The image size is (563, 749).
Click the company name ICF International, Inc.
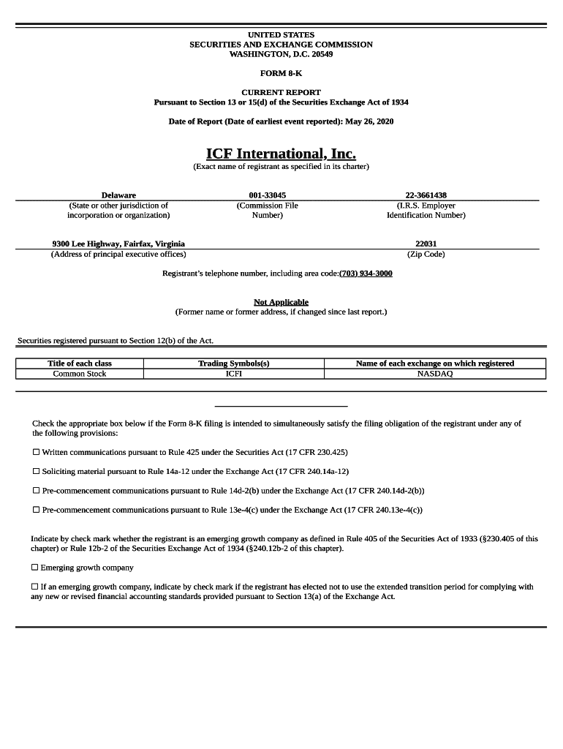pyautogui.click(x=281, y=154)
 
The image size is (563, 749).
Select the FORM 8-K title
pyautogui.click(x=281, y=73)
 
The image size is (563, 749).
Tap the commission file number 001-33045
pyautogui.click(x=267, y=195)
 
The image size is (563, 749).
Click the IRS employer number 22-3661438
pyautogui.click(x=426, y=195)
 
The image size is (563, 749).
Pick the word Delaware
pyautogui.click(x=118, y=195)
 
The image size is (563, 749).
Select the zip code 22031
pyautogui.click(x=426, y=244)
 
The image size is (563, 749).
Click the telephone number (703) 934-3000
pyautogui.click(x=366, y=274)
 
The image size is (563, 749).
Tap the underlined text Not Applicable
pyautogui.click(x=281, y=302)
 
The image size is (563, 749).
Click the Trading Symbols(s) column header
pyautogui.click(x=234, y=364)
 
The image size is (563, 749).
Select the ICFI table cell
pyautogui.click(x=234, y=374)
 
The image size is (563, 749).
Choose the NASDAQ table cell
pyautogui.click(x=435, y=374)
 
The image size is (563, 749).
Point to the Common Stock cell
pyautogui.click(x=80, y=374)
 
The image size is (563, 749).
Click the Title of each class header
pyautogui.click(x=80, y=364)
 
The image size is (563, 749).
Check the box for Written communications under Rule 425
pyautogui.click(x=36, y=453)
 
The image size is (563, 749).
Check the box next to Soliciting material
pyautogui.click(x=36, y=472)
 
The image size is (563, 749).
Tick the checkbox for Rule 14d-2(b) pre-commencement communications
pyautogui.click(x=36, y=491)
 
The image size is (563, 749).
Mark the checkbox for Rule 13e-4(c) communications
pyautogui.click(x=36, y=510)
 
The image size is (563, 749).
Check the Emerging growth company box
pyautogui.click(x=34, y=568)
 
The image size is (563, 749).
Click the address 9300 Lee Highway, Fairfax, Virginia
pyautogui.click(x=118, y=244)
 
